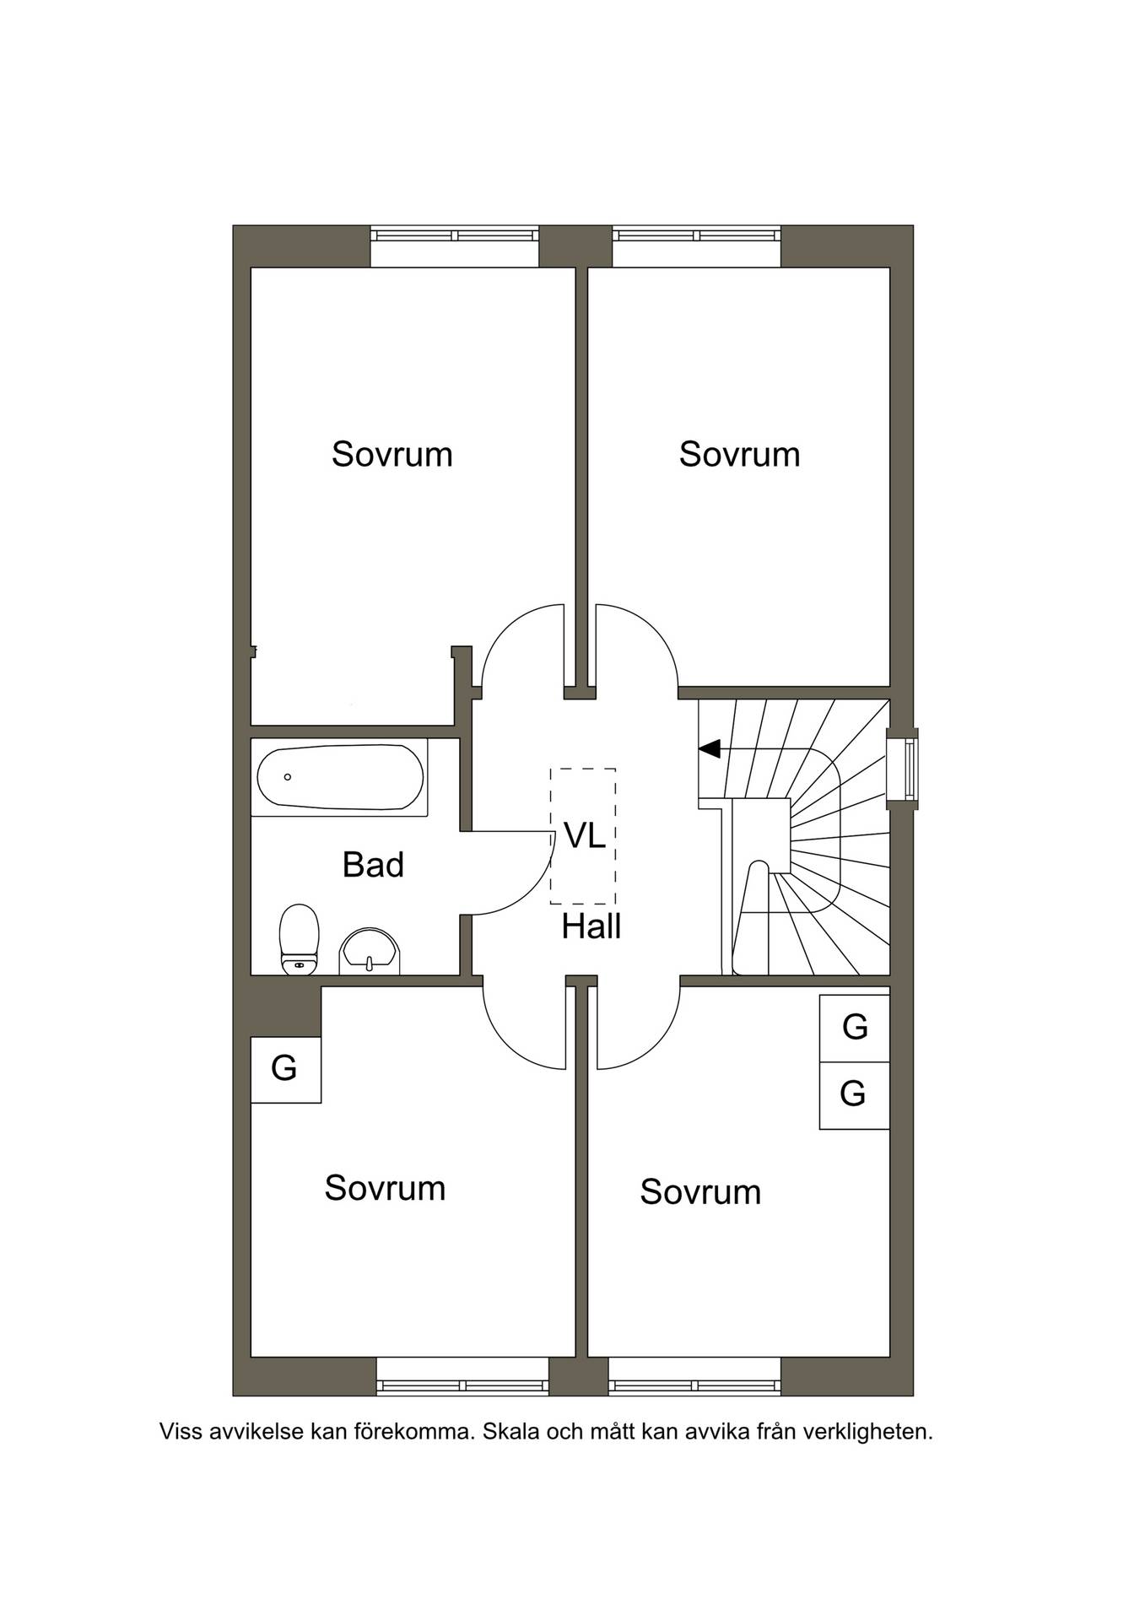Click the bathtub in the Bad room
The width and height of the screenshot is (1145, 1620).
[x=340, y=777]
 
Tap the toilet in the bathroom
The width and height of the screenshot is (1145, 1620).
[x=299, y=939]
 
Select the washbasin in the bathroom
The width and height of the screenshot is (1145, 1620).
[x=370, y=951]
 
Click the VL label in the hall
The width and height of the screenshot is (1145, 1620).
[x=585, y=835]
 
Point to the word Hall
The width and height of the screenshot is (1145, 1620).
[x=591, y=926]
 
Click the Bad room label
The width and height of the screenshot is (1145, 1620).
[x=373, y=865]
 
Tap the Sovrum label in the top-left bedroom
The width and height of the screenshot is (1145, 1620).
[x=392, y=454]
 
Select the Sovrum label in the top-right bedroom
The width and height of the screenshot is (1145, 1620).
[x=740, y=454]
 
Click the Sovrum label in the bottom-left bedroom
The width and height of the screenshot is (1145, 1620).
[x=385, y=1188]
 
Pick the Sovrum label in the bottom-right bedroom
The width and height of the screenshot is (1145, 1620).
[x=700, y=1192]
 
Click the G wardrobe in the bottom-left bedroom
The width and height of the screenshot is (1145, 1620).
[x=285, y=1069]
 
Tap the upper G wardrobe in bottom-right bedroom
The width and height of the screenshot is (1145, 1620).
[x=855, y=1028]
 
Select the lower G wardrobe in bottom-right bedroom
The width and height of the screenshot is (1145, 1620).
[x=855, y=1095]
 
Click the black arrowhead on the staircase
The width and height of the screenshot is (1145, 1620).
[x=710, y=748]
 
